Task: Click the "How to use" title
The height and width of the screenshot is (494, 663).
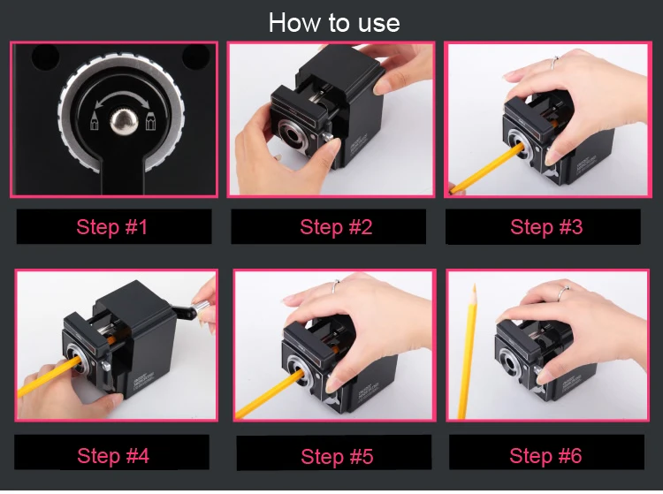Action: coord(334,22)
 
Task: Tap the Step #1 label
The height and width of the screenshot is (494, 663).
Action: coord(112,227)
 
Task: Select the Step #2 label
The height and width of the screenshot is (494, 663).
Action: coord(336,227)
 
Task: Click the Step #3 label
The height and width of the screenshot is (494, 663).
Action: coord(546,227)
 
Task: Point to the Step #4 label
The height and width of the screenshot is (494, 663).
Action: coord(113,455)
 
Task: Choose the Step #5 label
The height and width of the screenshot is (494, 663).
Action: coord(337,456)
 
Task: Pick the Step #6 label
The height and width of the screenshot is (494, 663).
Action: coord(545,455)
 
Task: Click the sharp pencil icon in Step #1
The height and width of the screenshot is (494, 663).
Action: coord(94,120)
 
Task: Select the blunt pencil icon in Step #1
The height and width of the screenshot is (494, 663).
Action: coord(151,121)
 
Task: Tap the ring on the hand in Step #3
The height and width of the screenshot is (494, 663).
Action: coord(554,63)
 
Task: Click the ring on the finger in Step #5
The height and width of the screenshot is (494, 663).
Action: coord(335,286)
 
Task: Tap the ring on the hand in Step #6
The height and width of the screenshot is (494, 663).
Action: coord(563,292)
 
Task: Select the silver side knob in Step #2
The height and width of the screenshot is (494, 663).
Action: coord(326,137)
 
